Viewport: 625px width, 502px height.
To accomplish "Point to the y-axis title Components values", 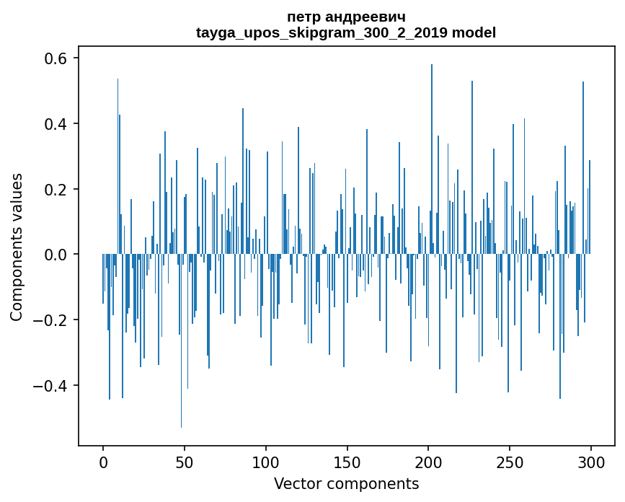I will (17, 247).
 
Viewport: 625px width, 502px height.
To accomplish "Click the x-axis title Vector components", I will (346, 483).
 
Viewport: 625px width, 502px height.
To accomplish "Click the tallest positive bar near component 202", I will (432, 159).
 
